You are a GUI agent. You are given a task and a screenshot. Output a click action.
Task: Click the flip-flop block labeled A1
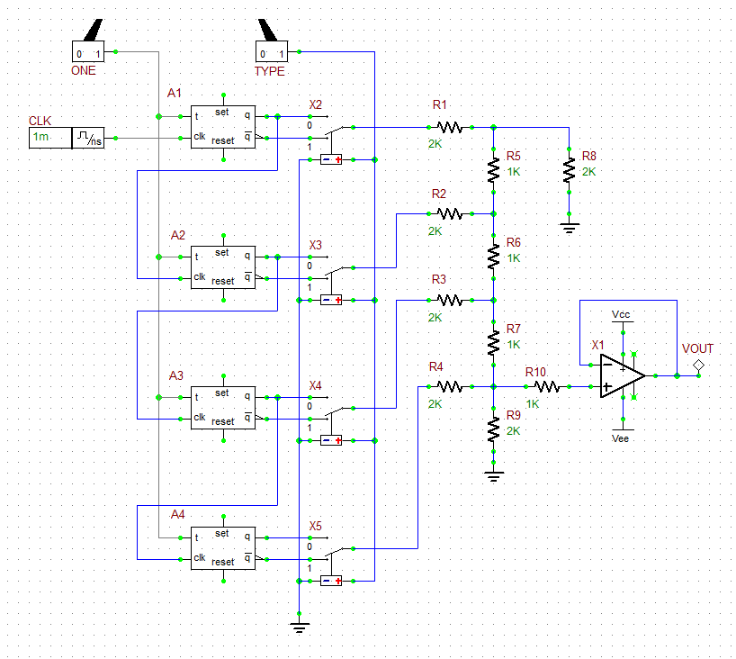pos(222,128)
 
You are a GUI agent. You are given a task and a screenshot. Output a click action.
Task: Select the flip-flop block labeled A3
pos(222,408)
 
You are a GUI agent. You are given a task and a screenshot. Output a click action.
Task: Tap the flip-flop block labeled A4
pos(222,548)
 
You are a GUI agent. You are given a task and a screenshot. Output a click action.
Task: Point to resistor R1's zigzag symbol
pos(449,128)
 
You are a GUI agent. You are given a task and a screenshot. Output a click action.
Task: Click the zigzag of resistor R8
pos(569,170)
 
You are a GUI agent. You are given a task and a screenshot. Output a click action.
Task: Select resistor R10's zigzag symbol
pos(547,386)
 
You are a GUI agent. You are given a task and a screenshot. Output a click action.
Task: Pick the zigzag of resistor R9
pos(493,429)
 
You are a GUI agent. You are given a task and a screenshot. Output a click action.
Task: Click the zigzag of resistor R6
pos(493,257)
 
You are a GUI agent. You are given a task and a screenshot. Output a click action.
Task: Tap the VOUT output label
pos(697,348)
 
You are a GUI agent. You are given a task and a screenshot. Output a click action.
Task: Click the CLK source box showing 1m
pos(49,138)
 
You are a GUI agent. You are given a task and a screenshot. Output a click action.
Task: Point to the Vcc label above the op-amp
pos(621,313)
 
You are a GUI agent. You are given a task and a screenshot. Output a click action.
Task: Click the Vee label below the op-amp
pos(620,438)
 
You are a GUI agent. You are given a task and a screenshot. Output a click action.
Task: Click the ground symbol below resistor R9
pos(493,475)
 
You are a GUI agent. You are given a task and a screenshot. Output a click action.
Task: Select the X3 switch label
pos(316,245)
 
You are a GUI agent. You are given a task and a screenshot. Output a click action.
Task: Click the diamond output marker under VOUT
pos(697,365)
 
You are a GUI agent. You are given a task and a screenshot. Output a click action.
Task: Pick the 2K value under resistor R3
pos(435,317)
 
